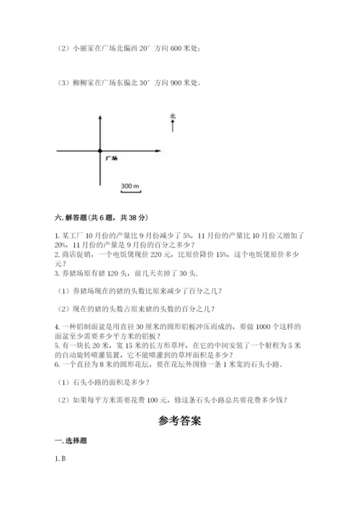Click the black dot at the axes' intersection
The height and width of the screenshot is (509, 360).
tap(99, 150)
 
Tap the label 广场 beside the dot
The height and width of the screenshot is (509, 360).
tap(111, 157)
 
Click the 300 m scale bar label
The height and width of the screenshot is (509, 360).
tap(130, 186)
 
